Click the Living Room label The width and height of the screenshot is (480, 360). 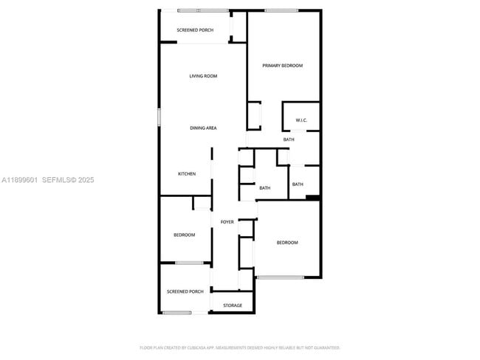[x=203, y=76]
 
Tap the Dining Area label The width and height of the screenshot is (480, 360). [x=203, y=128]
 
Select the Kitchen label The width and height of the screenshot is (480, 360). [x=187, y=174]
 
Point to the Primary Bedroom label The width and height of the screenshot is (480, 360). [x=283, y=66]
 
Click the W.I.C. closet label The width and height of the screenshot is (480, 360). [x=301, y=120]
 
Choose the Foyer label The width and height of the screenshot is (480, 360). [x=227, y=221]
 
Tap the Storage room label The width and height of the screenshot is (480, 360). [x=233, y=305]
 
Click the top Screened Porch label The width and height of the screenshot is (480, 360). [x=195, y=30]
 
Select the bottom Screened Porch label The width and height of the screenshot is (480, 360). [x=185, y=291]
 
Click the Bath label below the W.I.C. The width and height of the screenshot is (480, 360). [x=289, y=139]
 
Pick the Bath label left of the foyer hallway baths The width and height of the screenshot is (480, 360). [x=264, y=188]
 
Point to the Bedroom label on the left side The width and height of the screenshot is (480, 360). [x=185, y=235]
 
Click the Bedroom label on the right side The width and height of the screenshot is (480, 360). [x=287, y=243]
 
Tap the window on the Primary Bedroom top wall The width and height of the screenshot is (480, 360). [x=281, y=10]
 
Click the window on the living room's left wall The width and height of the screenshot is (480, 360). [x=159, y=119]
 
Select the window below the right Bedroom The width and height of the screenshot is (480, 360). [x=280, y=277]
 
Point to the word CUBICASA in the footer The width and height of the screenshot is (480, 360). [x=198, y=347]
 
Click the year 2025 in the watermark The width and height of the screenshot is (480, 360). [x=86, y=180]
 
